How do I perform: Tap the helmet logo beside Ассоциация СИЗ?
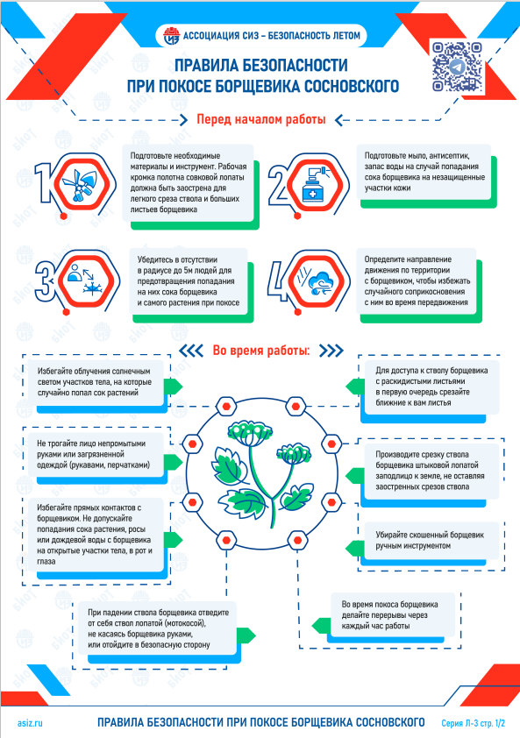172,36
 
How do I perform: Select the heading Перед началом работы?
261,119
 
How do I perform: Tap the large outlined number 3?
46,281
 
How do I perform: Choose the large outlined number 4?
278,281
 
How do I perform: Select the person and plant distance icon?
84,280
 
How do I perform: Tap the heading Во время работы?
261,351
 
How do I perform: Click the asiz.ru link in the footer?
30,723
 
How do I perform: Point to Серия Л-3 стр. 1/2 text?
473,723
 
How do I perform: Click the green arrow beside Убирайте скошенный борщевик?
354,549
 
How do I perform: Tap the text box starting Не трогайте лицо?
96,455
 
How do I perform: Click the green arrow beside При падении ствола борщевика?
246,635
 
